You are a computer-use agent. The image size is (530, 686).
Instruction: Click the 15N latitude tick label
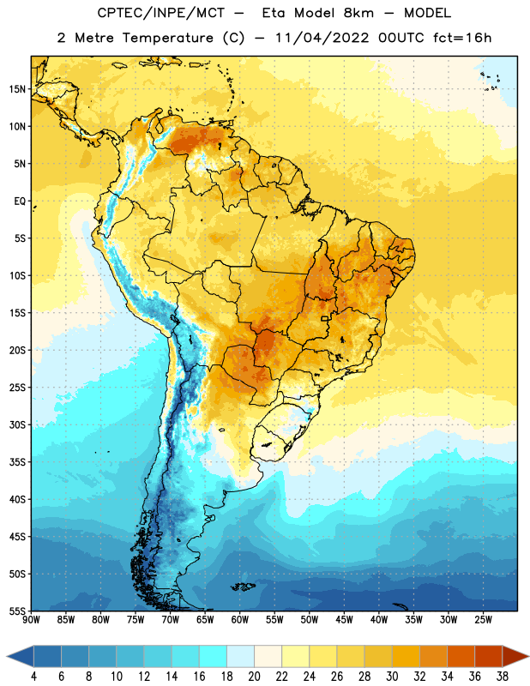17,89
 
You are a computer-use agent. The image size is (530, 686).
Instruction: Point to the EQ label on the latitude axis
20,202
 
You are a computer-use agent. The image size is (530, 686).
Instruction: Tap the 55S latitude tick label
17,611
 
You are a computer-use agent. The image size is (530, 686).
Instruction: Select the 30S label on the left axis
17,424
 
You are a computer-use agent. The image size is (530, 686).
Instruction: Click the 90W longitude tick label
31,620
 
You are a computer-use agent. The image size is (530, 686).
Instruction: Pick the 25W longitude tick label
483,620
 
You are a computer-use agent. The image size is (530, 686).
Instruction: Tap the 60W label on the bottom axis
240,620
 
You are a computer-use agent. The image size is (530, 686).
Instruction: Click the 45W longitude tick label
345,620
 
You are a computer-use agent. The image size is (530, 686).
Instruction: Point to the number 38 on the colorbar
503,677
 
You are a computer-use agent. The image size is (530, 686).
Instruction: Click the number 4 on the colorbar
33,677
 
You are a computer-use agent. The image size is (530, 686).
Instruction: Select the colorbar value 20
254,677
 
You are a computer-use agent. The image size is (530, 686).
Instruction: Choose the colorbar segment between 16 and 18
213,657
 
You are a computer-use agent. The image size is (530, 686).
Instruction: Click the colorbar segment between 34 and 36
461,657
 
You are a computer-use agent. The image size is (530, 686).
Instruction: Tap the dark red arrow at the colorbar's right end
515,657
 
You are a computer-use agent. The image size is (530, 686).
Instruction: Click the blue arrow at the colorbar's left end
21,657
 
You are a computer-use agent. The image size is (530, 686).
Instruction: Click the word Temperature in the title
167,38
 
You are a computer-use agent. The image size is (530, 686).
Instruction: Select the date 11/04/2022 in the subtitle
322,38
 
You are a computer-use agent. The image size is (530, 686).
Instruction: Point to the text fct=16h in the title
462,38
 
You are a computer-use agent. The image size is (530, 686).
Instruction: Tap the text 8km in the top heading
358,13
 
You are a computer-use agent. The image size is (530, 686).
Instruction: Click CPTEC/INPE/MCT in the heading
160,13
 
